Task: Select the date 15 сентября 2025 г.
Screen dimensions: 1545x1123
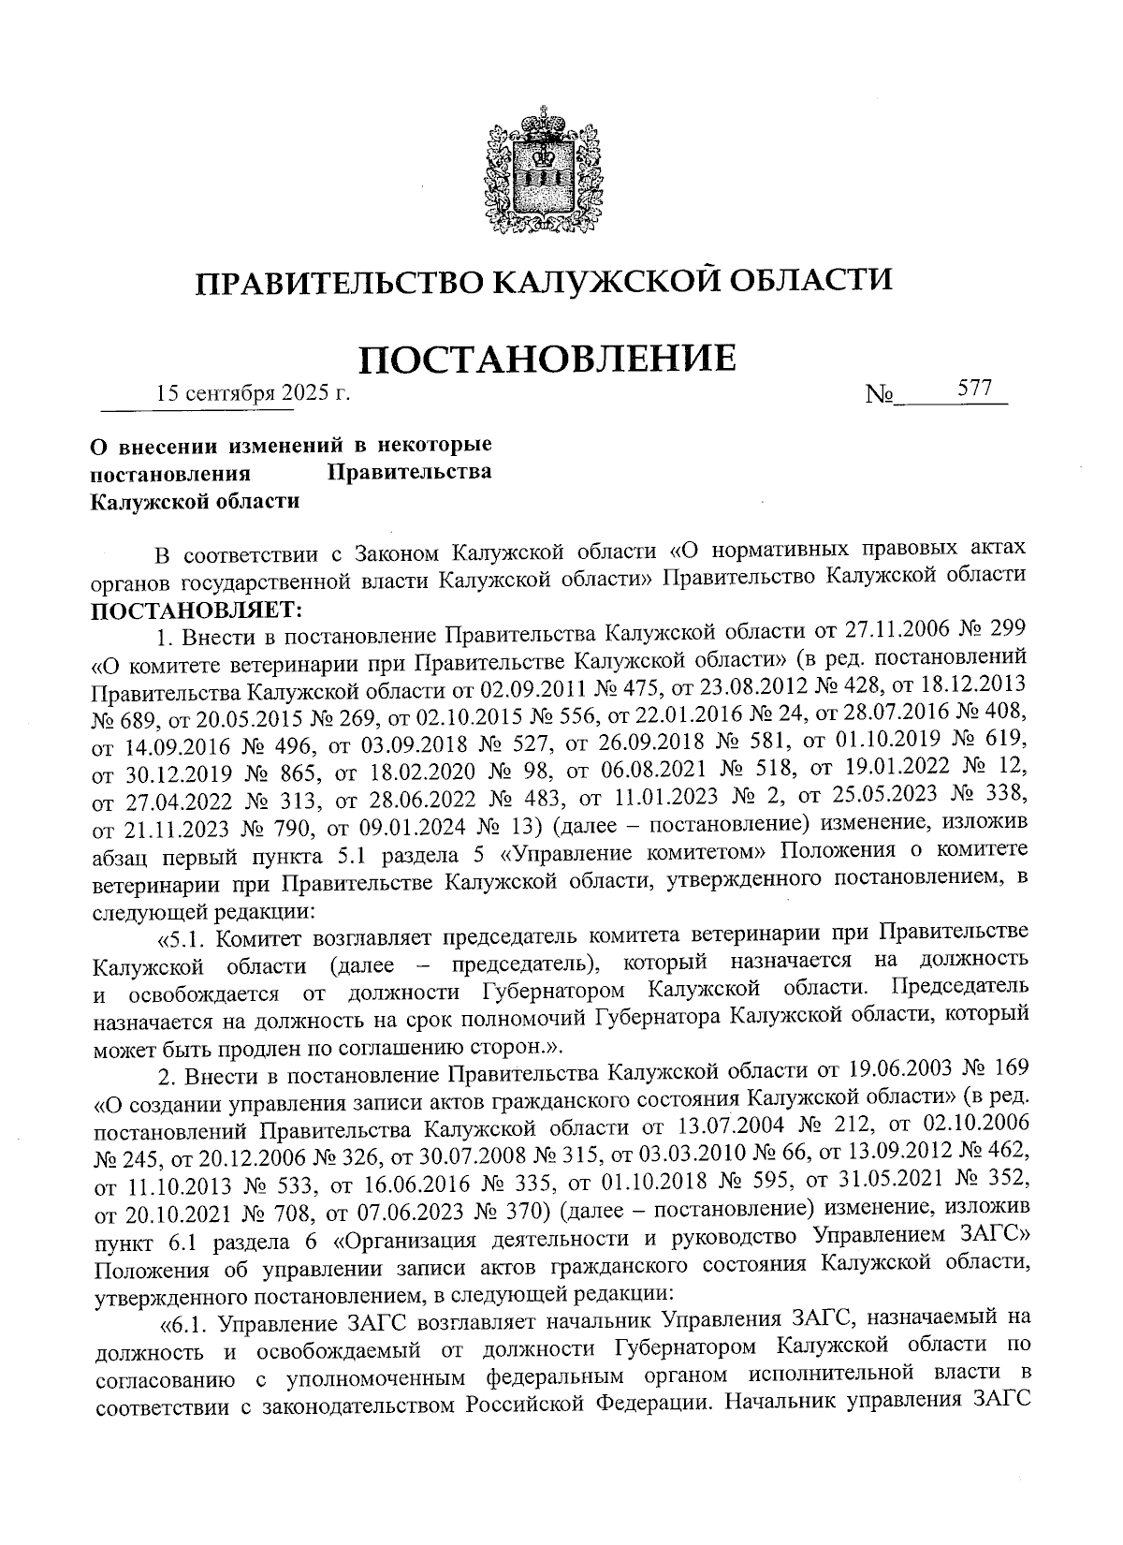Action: tap(253, 393)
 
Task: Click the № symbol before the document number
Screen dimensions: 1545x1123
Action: tap(880, 396)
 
